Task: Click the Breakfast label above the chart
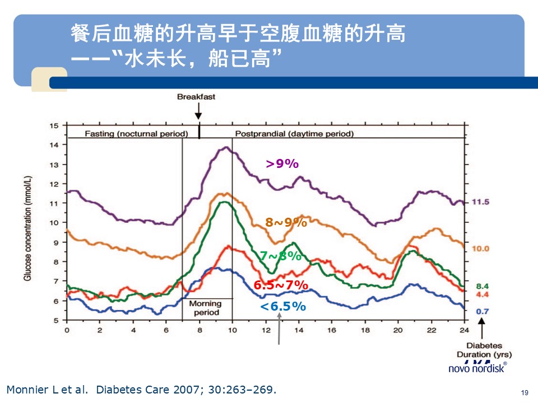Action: pos(196,97)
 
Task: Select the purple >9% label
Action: pos(282,163)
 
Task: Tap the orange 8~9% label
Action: pos(286,222)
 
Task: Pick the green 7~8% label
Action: pos(280,256)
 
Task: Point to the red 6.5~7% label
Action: pos(281,285)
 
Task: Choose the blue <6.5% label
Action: pos(283,306)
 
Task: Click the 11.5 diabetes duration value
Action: pos(480,201)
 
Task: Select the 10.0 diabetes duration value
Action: pos(480,249)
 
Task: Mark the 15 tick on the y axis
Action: pos(54,125)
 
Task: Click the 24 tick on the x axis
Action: pos(464,330)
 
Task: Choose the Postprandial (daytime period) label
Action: pos(294,134)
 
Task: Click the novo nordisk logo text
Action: pos(477,368)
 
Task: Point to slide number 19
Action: pos(525,392)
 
